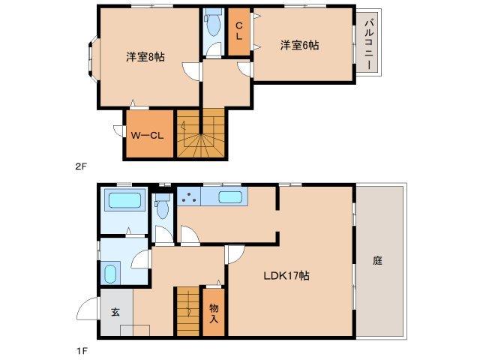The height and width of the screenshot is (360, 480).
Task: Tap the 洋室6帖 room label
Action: pos(299,46)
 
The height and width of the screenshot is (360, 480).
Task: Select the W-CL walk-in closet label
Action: pos(147,136)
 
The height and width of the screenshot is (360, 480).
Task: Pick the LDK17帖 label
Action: pos(286,275)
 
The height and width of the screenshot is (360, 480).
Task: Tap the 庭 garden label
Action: pos(378,261)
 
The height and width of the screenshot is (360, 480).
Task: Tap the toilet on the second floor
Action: pos(212,27)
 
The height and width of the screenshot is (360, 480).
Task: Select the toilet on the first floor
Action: pos(161,207)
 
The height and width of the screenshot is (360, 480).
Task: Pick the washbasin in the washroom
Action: pos(110,273)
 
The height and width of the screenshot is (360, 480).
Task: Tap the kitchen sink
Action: pos(230,198)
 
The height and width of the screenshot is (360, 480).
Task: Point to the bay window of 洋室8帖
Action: pos(91,60)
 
